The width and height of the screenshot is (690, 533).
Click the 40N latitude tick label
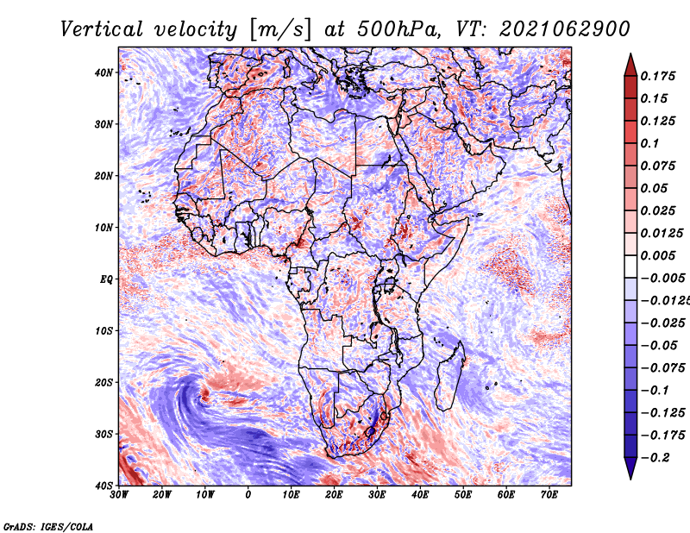[x=103, y=72]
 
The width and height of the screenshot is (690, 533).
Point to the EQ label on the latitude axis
[x=106, y=279]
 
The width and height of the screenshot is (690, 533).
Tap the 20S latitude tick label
[x=103, y=382]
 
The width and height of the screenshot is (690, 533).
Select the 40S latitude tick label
[x=103, y=486]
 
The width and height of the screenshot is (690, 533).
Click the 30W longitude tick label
[x=119, y=495]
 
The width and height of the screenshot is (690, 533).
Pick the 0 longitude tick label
[x=248, y=495]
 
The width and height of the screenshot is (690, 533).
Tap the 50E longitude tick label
[x=463, y=495]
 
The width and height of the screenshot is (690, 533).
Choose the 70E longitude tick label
[x=549, y=495]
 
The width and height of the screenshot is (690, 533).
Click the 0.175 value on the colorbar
[x=658, y=76]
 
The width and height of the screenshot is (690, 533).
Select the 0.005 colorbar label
[x=658, y=255]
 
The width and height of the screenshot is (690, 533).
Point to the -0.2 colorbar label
[x=655, y=458]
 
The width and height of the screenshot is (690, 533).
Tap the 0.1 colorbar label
[x=650, y=143]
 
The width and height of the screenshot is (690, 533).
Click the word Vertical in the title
[x=102, y=29]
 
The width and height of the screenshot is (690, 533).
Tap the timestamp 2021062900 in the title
[x=565, y=29]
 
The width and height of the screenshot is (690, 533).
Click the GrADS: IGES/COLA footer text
[x=48, y=527]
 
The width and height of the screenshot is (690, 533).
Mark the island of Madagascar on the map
[x=450, y=376]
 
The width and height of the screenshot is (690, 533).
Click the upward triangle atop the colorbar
[x=630, y=65]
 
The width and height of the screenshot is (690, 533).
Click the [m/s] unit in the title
[x=281, y=29]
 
